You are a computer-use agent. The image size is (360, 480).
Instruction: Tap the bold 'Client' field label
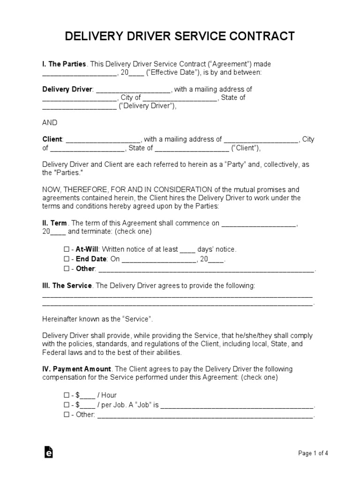52,139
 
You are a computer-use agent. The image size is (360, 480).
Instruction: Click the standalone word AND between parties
50,122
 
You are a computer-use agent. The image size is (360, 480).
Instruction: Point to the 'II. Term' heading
55,223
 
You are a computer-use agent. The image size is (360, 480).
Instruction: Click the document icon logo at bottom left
48,452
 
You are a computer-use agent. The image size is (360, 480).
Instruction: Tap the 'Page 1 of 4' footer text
313,453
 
